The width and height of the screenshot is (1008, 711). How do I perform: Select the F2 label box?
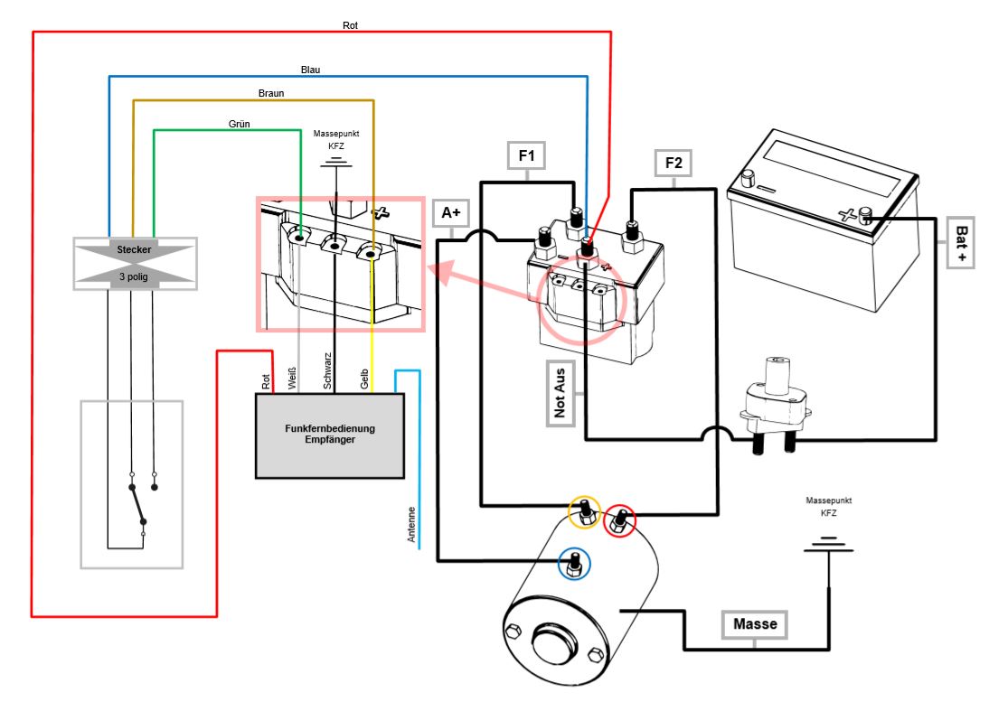tap(674, 164)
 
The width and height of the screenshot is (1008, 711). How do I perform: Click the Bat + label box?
tap(960, 243)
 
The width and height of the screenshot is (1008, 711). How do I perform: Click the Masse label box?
tap(755, 624)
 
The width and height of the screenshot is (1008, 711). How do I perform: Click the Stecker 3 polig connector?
tap(135, 262)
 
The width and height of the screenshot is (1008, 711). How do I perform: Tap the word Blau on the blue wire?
tap(310, 70)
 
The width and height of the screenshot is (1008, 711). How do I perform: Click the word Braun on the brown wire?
tap(271, 93)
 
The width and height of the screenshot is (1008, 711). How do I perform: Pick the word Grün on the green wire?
tap(240, 123)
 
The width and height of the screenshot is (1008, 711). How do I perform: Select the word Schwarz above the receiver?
tap(327, 371)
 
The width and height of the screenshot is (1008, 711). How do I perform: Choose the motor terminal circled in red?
tap(620, 520)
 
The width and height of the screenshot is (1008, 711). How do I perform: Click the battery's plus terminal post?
tap(865, 215)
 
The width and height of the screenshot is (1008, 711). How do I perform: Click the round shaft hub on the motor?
tap(553, 643)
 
